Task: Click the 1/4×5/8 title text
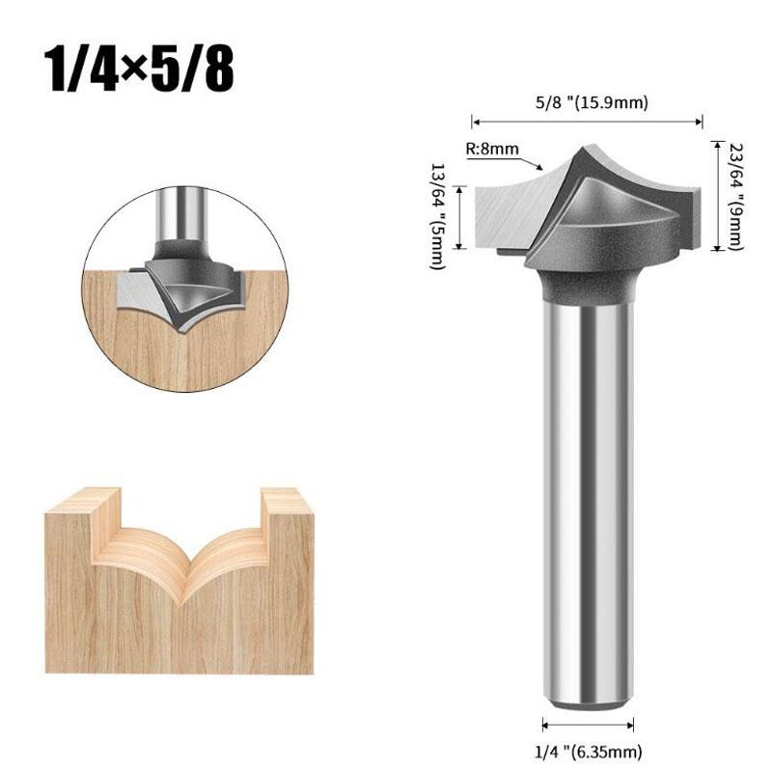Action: (x=139, y=69)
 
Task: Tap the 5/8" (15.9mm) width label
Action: (x=592, y=103)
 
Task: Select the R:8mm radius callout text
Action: (x=492, y=149)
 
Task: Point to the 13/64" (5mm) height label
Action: (x=438, y=216)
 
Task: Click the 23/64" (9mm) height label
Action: (x=735, y=196)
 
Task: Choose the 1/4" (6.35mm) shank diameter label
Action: (x=589, y=753)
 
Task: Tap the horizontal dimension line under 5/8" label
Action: (x=587, y=122)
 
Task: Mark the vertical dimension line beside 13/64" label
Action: (x=460, y=217)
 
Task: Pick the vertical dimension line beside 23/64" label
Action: (x=718, y=196)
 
